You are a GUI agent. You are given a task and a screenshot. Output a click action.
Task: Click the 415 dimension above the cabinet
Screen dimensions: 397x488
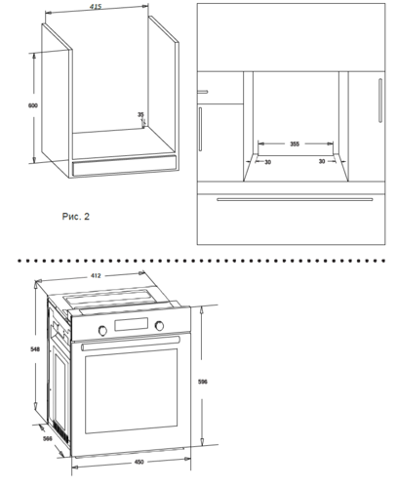96,7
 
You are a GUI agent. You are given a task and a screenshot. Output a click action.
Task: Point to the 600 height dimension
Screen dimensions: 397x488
33,105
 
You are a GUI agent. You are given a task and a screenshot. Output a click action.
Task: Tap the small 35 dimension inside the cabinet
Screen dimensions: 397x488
140,114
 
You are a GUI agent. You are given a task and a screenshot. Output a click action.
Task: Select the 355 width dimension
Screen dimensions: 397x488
295,143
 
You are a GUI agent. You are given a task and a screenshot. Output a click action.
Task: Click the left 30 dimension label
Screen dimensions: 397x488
267,162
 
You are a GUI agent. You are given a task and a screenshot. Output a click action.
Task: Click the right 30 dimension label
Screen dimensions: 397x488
322,161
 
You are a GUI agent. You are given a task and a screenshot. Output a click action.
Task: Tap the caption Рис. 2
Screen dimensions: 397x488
76,217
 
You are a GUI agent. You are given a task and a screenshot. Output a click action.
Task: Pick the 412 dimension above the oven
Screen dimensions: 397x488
96,276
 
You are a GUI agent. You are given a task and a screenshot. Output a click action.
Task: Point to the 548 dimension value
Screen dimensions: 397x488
35,349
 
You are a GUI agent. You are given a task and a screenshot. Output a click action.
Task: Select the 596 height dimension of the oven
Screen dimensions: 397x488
203,382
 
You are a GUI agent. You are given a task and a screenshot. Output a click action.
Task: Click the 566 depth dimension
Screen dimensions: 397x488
48,438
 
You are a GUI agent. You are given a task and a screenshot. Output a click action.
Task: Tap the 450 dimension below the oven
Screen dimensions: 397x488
139,462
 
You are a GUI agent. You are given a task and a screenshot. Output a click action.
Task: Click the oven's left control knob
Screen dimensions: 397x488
102,330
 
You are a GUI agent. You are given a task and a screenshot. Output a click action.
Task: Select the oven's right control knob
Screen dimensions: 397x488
159,326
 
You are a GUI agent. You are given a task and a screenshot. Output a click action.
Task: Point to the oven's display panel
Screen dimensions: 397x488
131,324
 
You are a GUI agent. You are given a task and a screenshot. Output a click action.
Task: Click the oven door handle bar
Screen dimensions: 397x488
131,344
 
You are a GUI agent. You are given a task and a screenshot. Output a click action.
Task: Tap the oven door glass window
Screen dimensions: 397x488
132,390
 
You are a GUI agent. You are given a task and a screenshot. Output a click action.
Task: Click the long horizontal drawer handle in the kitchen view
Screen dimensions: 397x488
295,199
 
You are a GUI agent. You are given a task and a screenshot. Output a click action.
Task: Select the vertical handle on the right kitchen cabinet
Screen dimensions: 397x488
380,101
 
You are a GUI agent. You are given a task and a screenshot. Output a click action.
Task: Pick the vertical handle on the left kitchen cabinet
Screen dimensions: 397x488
200,129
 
